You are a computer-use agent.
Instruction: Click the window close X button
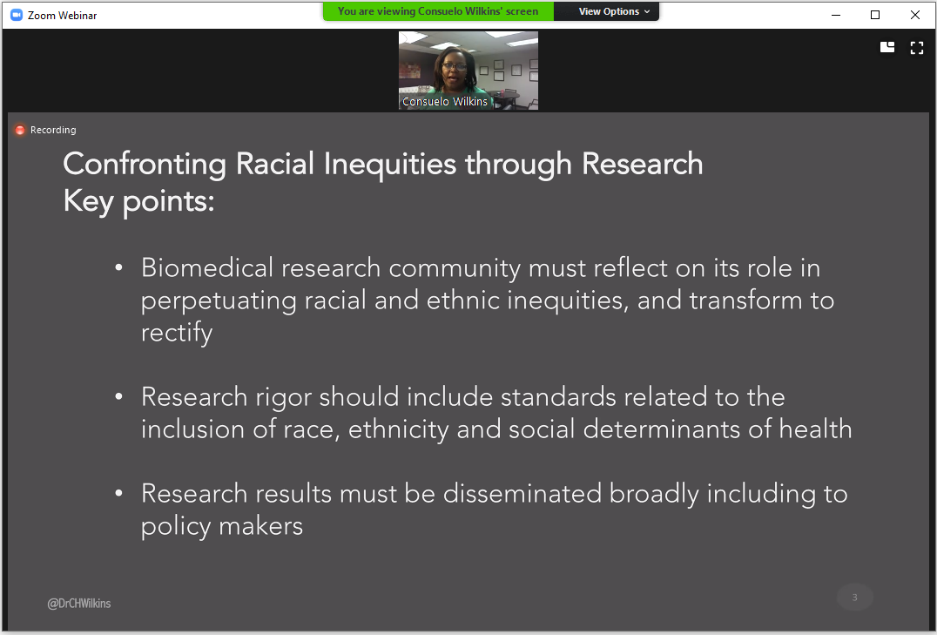(x=915, y=15)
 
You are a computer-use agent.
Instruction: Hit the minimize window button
(x=836, y=15)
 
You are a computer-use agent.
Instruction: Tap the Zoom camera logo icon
(x=17, y=15)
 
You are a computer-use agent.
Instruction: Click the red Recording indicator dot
(x=20, y=130)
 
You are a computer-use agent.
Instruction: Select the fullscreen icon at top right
(x=917, y=48)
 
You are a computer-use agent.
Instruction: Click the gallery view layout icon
(x=887, y=47)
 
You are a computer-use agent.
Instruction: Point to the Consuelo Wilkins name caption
(x=445, y=102)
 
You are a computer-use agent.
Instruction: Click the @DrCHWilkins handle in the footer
(x=79, y=604)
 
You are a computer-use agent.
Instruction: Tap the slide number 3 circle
(x=854, y=598)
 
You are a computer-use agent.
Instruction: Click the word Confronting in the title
(x=145, y=165)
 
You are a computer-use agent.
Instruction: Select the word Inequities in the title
(x=389, y=165)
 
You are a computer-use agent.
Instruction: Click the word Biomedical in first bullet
(x=206, y=268)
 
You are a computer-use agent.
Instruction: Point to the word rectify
(x=177, y=333)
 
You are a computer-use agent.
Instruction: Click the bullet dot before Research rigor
(x=119, y=395)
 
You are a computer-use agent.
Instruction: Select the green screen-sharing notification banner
(x=438, y=11)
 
